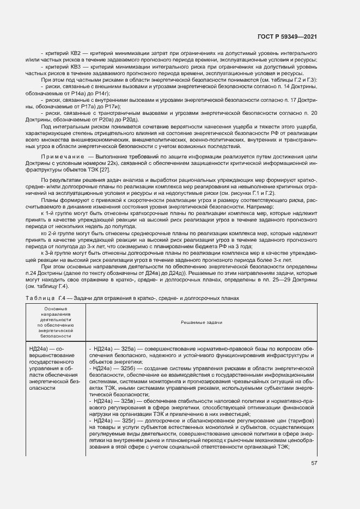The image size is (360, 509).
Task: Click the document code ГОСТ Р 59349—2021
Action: pyautogui.click(x=288, y=37)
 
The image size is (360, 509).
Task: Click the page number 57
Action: pyautogui.click(x=314, y=463)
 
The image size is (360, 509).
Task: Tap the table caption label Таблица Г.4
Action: pyautogui.click(x=46, y=299)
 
